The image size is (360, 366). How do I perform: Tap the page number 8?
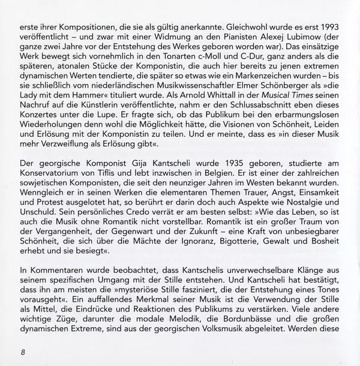tap(23, 351)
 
